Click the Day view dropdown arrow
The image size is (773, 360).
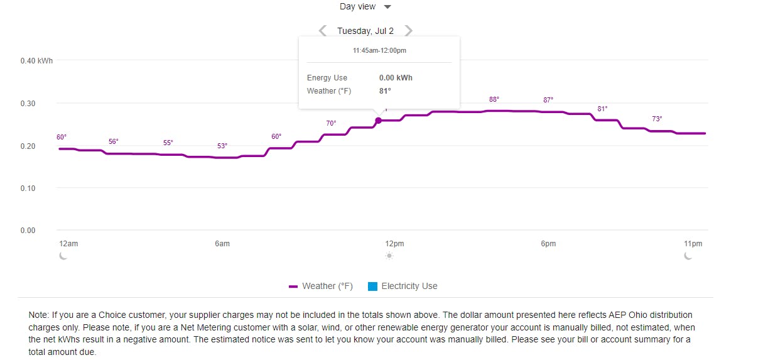pyautogui.click(x=387, y=7)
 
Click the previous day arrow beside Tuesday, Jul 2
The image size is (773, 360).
pyautogui.click(x=323, y=30)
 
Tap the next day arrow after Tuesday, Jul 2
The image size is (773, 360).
pyautogui.click(x=409, y=30)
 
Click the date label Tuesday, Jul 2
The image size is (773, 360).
pyautogui.click(x=365, y=31)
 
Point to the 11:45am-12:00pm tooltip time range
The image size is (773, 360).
pyautogui.click(x=379, y=50)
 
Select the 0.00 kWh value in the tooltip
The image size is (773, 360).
pyautogui.click(x=396, y=78)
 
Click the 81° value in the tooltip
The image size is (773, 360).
pyautogui.click(x=384, y=91)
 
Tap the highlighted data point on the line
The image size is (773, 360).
pyautogui.click(x=378, y=120)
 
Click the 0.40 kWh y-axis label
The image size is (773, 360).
pyautogui.click(x=36, y=61)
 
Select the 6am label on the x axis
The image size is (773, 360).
pyautogui.click(x=222, y=244)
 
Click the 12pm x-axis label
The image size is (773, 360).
pyautogui.click(x=394, y=244)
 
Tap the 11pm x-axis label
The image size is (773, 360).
pyautogui.click(x=693, y=244)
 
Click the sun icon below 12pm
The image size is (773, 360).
pyautogui.click(x=389, y=256)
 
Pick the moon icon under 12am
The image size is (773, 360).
pyautogui.click(x=63, y=256)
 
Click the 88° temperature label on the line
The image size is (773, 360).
pyautogui.click(x=494, y=100)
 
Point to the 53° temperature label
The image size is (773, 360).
pyautogui.click(x=222, y=146)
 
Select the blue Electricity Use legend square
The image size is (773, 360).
pyautogui.click(x=372, y=286)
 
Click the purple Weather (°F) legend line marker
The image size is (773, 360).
pyautogui.click(x=293, y=286)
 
